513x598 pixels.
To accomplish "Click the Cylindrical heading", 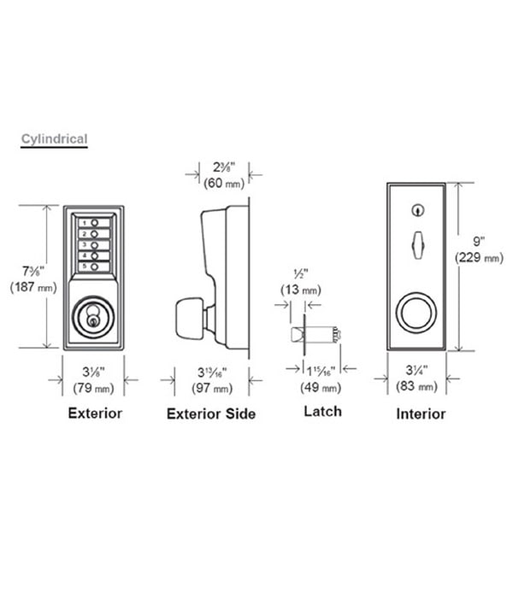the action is [x=54, y=138].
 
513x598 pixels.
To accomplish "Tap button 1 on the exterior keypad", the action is [x=94, y=223].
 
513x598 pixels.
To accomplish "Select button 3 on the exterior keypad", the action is [x=94, y=245].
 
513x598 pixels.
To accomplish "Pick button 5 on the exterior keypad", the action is [x=94, y=267].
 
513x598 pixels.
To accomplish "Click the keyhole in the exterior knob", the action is [x=92, y=321].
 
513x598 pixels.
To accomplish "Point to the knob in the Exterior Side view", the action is [x=189, y=319].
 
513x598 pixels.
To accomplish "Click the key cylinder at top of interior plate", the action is [x=418, y=210].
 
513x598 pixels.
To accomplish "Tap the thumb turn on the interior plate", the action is [x=418, y=245].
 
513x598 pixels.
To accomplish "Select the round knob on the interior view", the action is [x=416, y=313].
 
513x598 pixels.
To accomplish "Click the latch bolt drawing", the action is [x=315, y=335].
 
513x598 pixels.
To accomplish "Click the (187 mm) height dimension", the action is [x=33, y=287].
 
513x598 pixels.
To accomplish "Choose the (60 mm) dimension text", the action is [x=224, y=184].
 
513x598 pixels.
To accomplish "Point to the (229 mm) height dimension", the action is [x=479, y=258].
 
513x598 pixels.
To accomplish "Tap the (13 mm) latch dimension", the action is [x=301, y=290].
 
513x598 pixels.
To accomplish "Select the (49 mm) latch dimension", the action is [x=321, y=388].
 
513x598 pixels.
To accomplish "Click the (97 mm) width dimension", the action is [x=212, y=388].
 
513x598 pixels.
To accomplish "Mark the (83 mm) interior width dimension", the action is [x=416, y=386].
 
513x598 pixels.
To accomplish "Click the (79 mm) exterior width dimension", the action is [x=93, y=388].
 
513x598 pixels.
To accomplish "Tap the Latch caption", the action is [x=323, y=412].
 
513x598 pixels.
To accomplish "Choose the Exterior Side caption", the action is [x=211, y=413].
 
